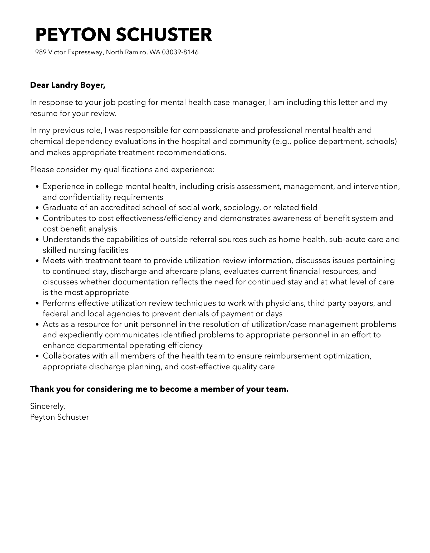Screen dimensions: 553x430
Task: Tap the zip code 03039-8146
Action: tap(180, 52)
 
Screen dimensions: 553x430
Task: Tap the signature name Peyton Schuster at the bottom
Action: tap(60, 417)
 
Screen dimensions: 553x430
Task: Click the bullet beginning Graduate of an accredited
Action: tap(180, 207)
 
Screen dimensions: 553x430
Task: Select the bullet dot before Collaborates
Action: tap(37, 356)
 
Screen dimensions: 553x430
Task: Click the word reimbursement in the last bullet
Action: tap(292, 356)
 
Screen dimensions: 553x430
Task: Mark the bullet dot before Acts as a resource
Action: tap(37, 325)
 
